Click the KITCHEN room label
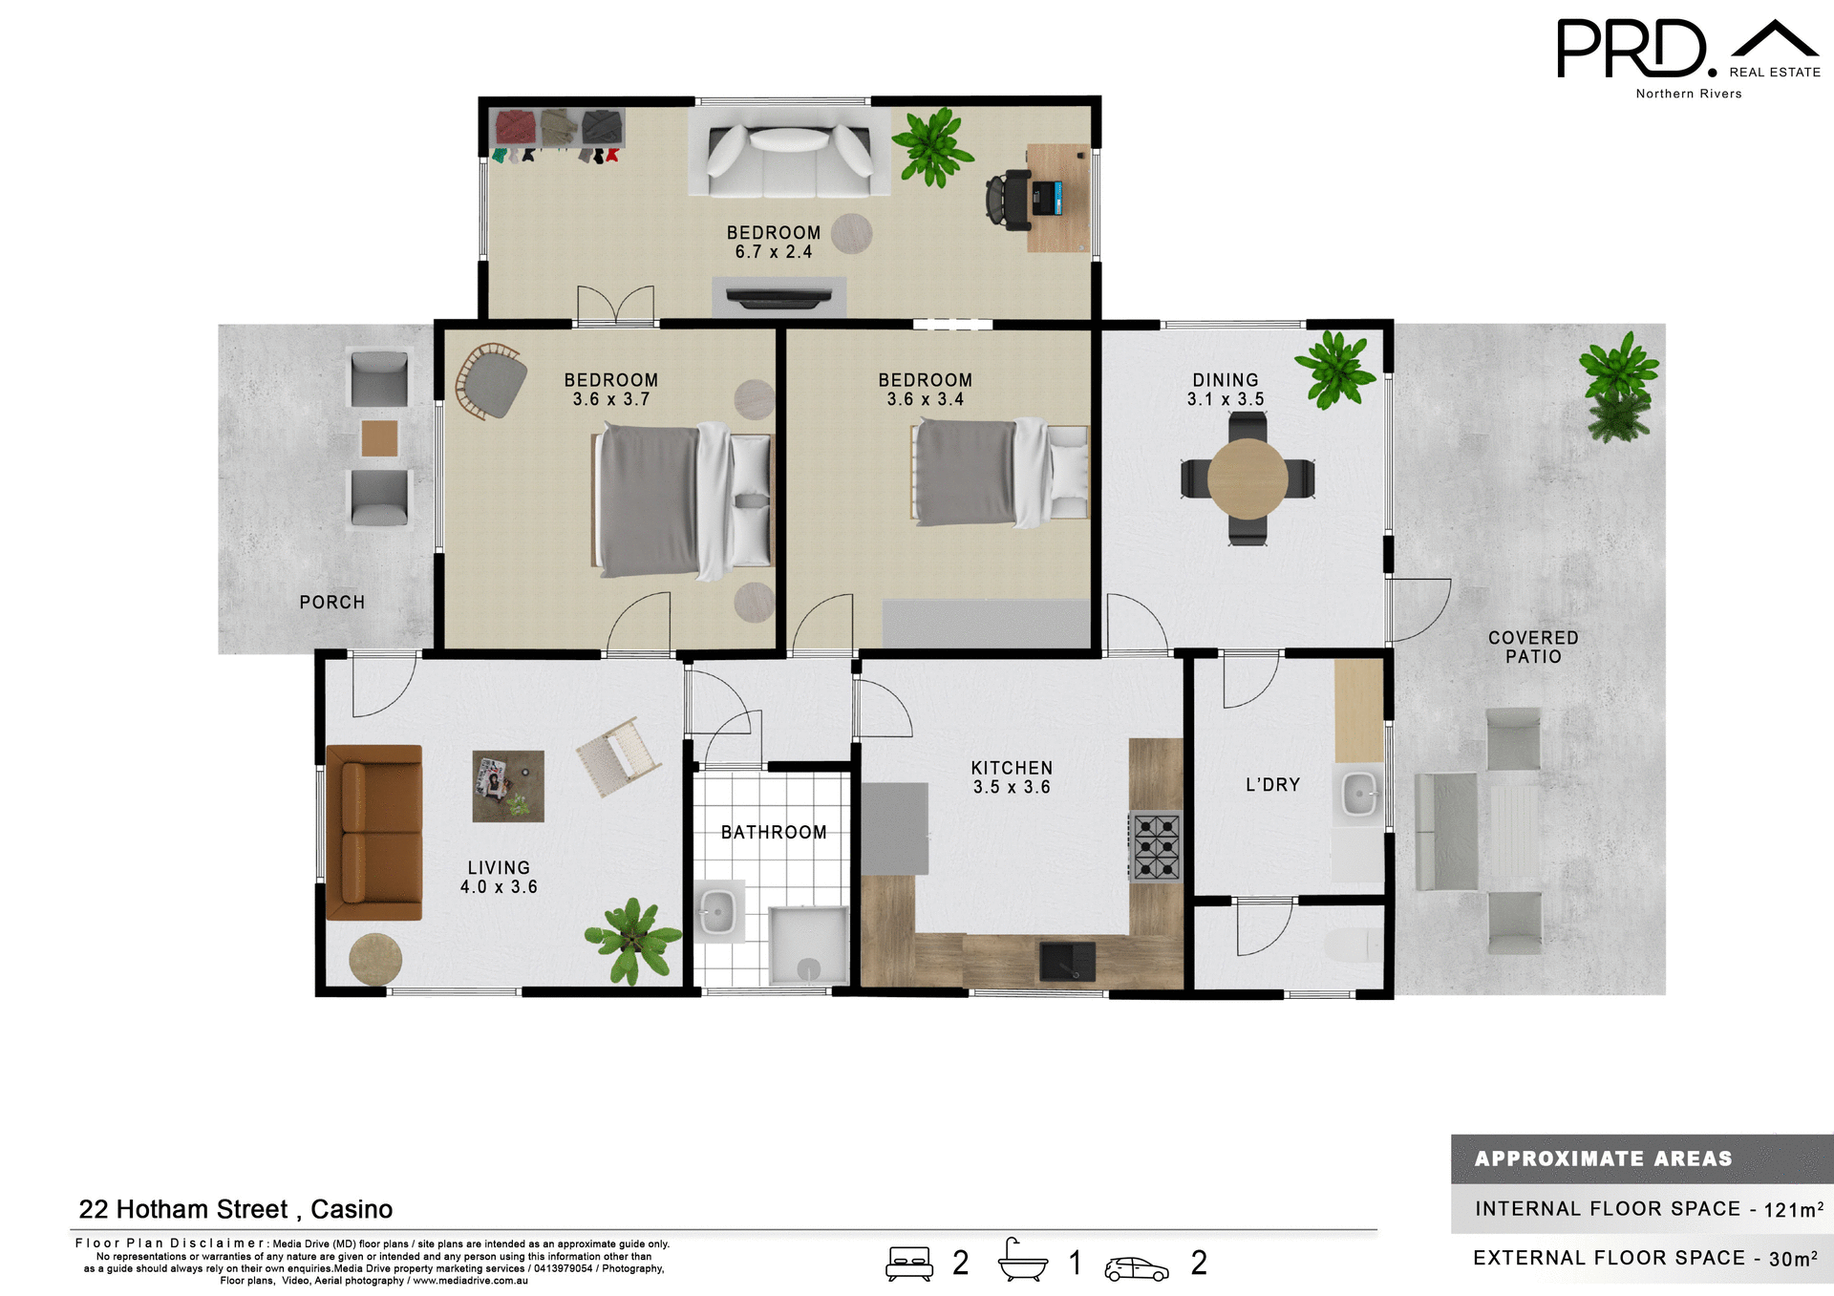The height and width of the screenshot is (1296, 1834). [1012, 768]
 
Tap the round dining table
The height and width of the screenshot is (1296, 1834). [1247, 478]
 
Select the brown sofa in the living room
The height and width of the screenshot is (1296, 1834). [374, 832]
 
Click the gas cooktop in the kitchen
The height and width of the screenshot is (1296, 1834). [1156, 846]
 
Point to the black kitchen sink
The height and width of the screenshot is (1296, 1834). [1067, 960]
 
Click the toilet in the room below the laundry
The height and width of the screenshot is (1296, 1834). [1353, 945]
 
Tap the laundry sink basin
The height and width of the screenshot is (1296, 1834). [1358, 794]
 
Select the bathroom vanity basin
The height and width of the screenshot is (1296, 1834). [717, 911]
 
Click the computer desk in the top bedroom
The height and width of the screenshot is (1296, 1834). [1058, 198]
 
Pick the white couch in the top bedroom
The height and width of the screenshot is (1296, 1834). [789, 153]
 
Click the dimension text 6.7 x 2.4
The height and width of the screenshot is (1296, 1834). [774, 252]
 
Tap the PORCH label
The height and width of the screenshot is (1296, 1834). [331, 603]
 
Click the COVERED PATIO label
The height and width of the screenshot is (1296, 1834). [1533, 647]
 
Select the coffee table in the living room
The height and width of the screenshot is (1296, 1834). [508, 786]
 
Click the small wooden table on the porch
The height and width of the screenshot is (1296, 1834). [379, 438]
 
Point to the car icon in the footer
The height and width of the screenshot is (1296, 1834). [1136, 1268]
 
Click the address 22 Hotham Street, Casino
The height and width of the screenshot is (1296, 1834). [235, 1209]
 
